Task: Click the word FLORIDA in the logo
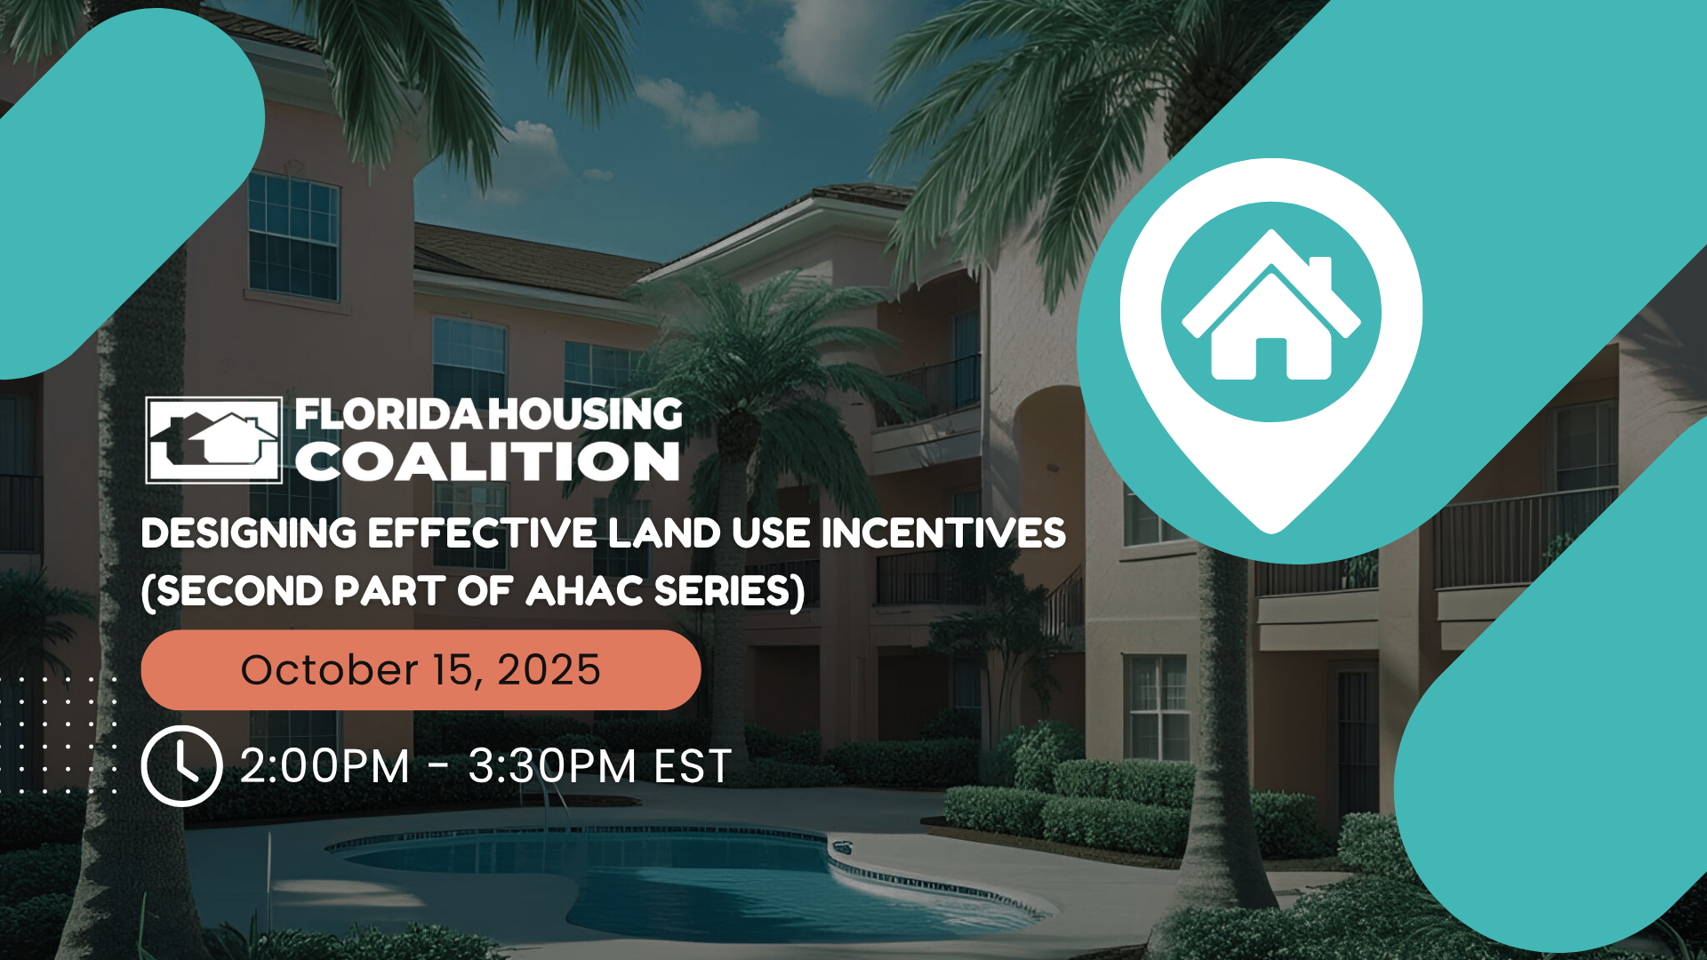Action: point(389,415)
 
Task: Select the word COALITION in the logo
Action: point(487,462)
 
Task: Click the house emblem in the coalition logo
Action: point(214,440)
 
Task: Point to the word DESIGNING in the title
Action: point(249,534)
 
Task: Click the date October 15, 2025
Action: point(421,670)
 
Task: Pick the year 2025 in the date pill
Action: point(549,670)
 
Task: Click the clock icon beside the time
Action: point(181,766)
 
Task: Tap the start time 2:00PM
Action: point(325,766)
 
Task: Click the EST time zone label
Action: point(693,766)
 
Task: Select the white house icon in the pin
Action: point(1270,311)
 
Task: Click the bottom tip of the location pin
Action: point(1271,526)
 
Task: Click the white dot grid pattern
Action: point(58,733)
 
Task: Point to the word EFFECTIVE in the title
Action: point(483,534)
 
